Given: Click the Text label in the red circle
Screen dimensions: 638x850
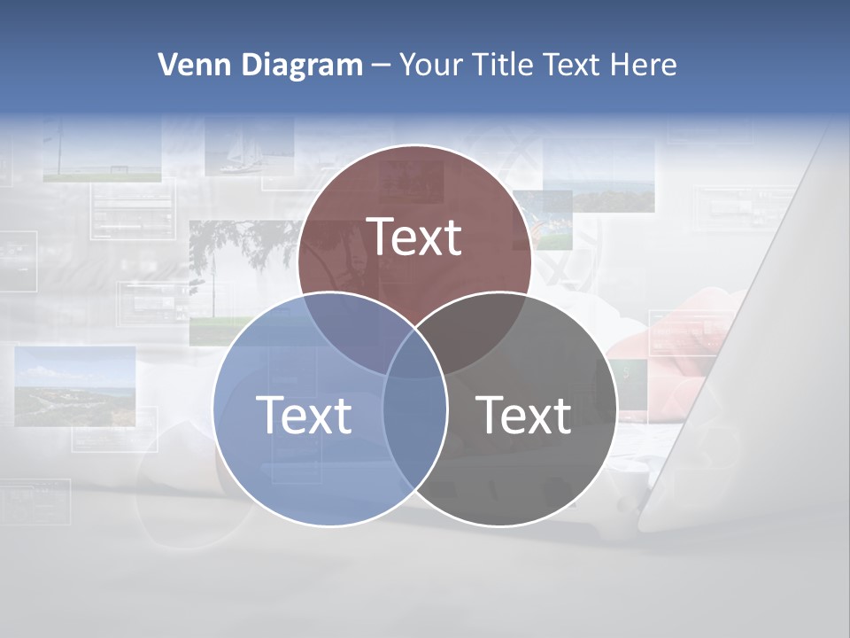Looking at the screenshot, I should pos(414,237).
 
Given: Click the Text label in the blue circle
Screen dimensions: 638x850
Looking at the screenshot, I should pos(304,415).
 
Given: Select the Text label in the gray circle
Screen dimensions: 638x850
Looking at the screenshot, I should pos(524,415).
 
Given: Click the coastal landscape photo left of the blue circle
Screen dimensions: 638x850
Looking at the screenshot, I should pos(75,386).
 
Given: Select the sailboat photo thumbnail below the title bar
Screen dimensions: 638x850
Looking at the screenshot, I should pos(249,146).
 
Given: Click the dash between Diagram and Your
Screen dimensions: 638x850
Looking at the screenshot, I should pos(382,65).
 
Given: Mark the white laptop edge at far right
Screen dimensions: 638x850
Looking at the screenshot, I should pos(753,354).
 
